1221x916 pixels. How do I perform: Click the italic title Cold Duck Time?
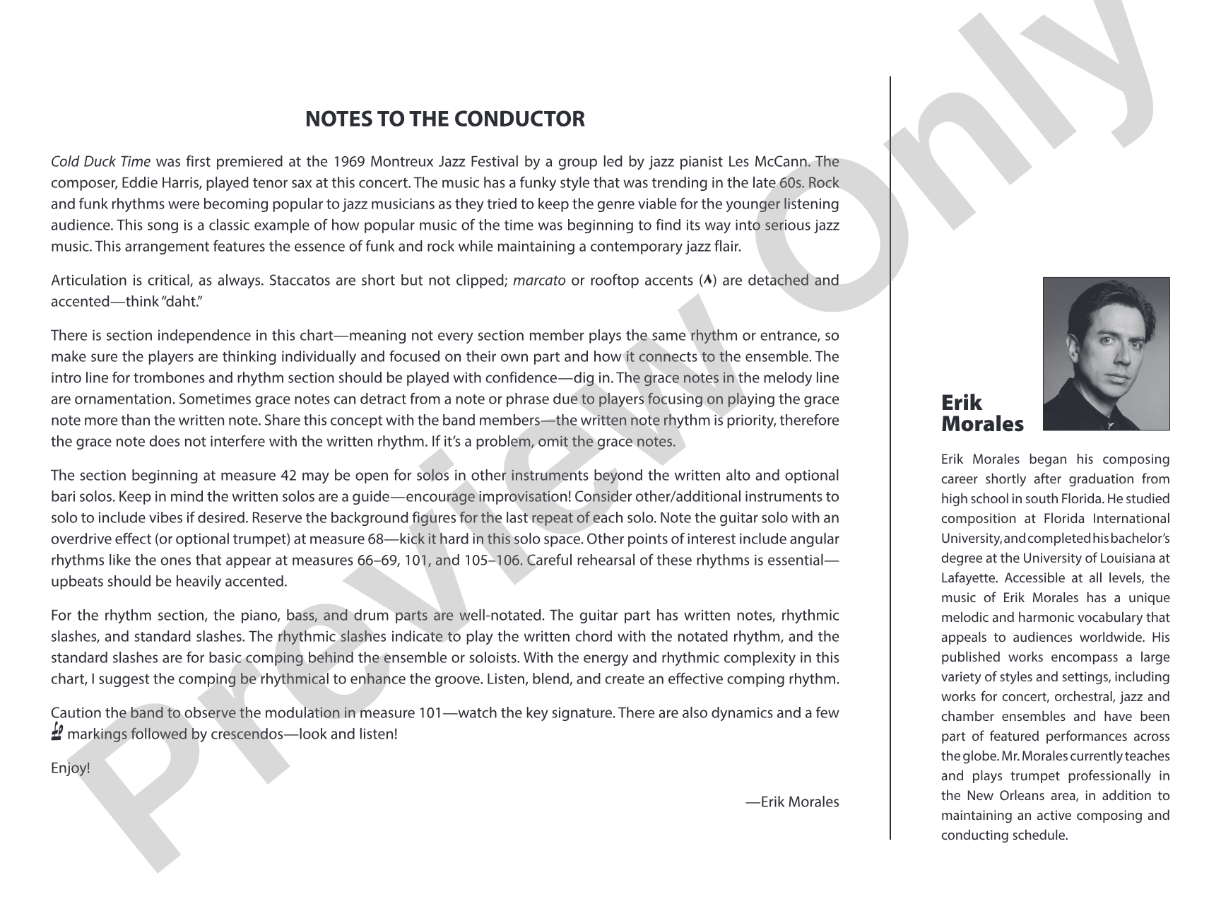pyautogui.click(x=100, y=162)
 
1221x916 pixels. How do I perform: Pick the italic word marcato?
pyautogui.click(x=539, y=281)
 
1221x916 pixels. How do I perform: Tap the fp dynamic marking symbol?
pyautogui.click(x=58, y=734)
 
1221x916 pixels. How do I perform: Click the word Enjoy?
pyautogui.click(x=71, y=768)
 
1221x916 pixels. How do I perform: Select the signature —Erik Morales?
pyautogui.click(x=792, y=802)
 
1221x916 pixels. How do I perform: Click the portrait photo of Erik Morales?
pyautogui.click(x=1106, y=353)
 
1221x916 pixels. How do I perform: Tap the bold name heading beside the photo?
pyautogui.click(x=981, y=413)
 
